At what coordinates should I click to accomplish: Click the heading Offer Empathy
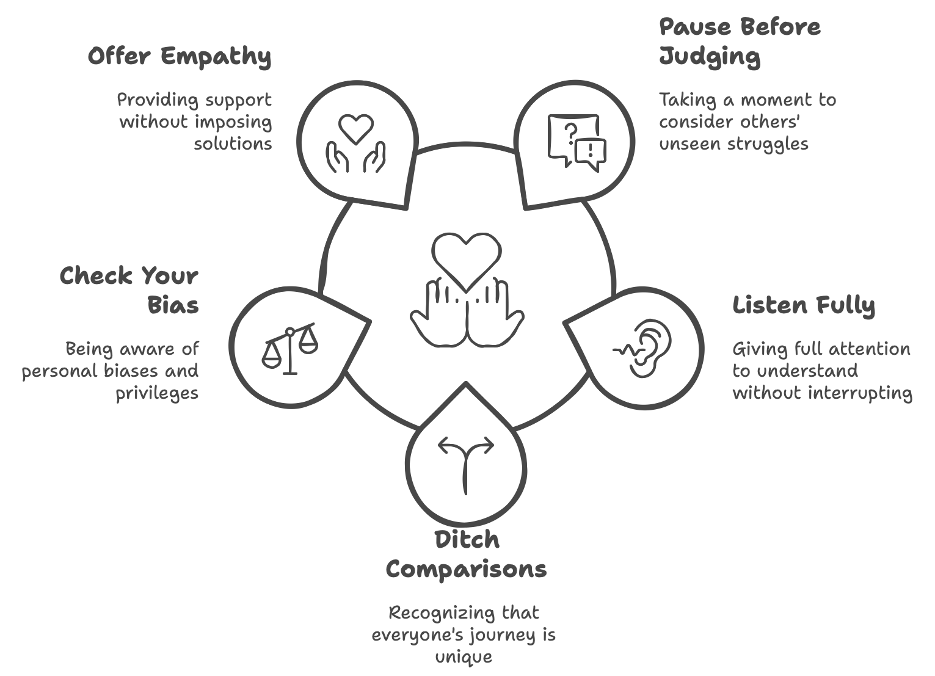click(179, 56)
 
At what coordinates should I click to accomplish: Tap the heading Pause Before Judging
click(739, 42)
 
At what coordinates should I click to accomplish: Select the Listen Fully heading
click(804, 305)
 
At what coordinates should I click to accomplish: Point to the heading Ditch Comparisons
click(466, 554)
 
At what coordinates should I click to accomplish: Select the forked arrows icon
click(466, 463)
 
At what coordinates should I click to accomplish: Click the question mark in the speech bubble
click(570, 130)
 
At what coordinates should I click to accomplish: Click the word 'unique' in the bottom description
click(464, 657)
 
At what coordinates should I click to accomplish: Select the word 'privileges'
click(157, 393)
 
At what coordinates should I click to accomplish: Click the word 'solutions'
click(233, 144)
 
